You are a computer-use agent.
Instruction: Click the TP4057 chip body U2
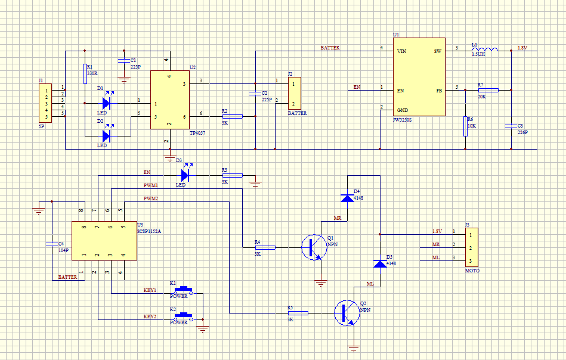coord(169,100)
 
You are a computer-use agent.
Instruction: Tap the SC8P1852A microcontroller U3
coord(103,240)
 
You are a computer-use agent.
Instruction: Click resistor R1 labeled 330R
coord(85,74)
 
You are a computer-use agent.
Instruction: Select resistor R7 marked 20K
coord(488,90)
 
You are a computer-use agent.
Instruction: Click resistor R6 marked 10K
coord(465,126)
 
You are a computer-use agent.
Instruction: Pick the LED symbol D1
coord(106,103)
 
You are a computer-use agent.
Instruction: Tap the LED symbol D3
coord(185,175)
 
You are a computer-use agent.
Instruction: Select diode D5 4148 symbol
coord(379,263)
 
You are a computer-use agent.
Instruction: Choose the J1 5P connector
coord(44,103)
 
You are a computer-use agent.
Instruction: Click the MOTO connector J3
coord(471,247)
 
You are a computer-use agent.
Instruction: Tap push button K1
coord(183,290)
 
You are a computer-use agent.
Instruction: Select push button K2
coord(183,316)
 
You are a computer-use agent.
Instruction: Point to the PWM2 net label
coord(151,198)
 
